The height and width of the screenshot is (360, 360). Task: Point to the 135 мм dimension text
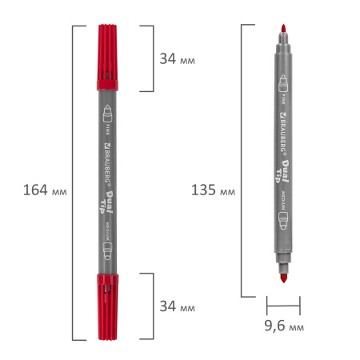[213, 190]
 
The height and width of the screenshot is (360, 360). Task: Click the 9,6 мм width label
[282, 326]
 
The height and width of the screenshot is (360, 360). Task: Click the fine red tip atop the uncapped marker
[282, 32]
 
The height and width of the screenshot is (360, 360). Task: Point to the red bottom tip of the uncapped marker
[282, 278]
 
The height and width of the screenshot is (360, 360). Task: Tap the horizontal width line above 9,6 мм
[282, 304]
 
